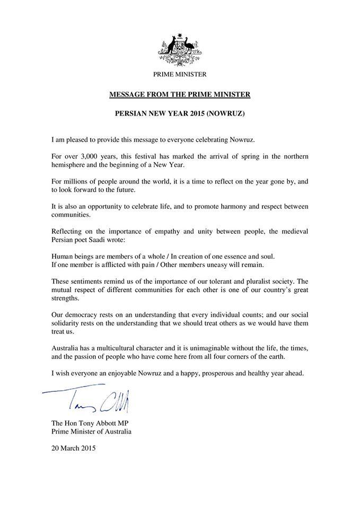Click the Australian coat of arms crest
click(180, 48)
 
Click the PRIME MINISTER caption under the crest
click(180, 74)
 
